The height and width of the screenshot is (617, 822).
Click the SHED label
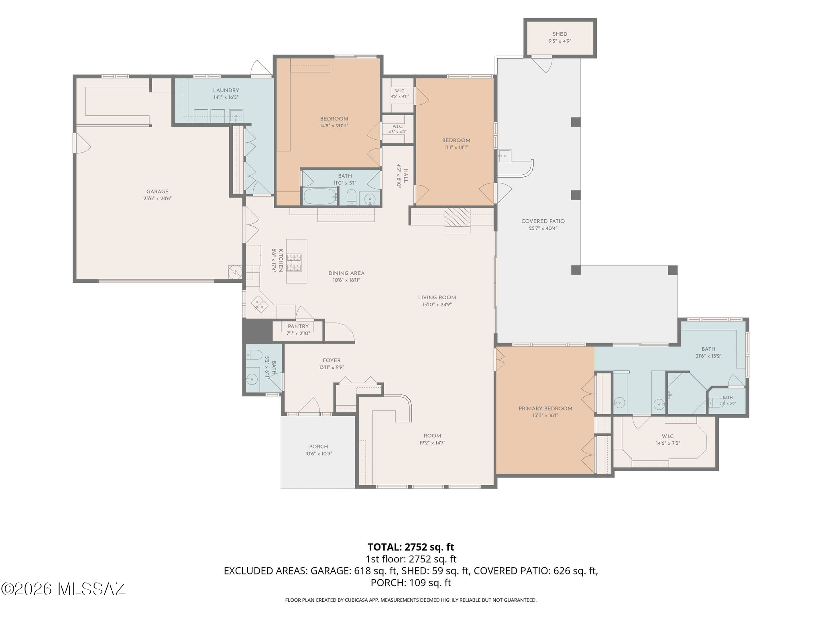(x=560, y=34)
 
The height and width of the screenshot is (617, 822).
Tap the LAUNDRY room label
(x=226, y=90)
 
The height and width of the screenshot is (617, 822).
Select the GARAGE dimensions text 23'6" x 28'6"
(x=157, y=198)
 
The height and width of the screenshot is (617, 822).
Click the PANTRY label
(x=298, y=326)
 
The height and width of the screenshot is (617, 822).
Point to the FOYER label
(x=332, y=360)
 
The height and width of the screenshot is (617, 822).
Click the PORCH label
(x=319, y=447)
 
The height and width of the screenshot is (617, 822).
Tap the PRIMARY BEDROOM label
(x=545, y=409)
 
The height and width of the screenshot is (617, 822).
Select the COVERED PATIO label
(x=543, y=221)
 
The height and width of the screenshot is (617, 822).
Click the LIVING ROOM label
(x=437, y=298)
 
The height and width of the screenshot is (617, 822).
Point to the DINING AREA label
(x=346, y=273)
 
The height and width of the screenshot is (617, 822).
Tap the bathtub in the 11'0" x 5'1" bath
(x=320, y=196)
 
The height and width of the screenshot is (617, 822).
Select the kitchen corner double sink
(x=260, y=304)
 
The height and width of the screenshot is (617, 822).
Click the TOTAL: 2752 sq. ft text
(x=411, y=547)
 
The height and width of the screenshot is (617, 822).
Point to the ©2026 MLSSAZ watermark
(x=63, y=589)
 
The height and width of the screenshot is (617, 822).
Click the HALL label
(x=405, y=176)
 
